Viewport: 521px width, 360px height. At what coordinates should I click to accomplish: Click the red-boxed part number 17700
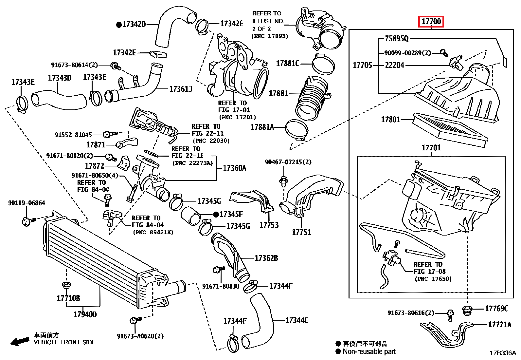(x=431, y=22)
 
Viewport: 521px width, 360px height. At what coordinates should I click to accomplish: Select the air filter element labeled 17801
(x=450, y=129)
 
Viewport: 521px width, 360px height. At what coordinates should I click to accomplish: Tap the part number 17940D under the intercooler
(x=85, y=314)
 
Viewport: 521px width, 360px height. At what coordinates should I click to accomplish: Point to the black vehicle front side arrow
(x=19, y=342)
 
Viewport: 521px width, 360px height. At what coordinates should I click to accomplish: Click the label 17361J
(x=181, y=89)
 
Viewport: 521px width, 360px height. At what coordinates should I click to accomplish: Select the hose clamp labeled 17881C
(x=323, y=64)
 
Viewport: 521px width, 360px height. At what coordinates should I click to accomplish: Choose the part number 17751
(x=301, y=232)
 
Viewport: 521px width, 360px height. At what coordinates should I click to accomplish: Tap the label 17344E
(x=296, y=320)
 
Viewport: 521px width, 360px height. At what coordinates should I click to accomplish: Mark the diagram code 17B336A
(x=503, y=353)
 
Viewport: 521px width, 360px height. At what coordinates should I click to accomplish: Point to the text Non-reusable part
(x=369, y=351)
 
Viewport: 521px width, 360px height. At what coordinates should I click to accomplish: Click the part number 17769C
(x=496, y=308)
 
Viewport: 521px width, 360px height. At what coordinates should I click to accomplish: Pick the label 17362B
(x=266, y=258)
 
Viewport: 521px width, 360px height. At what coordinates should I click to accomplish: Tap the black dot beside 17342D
(x=119, y=25)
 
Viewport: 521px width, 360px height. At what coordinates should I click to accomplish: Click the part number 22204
(x=394, y=65)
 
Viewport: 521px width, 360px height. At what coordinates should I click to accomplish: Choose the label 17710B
(x=68, y=298)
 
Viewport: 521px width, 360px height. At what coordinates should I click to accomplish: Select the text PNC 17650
(x=433, y=279)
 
